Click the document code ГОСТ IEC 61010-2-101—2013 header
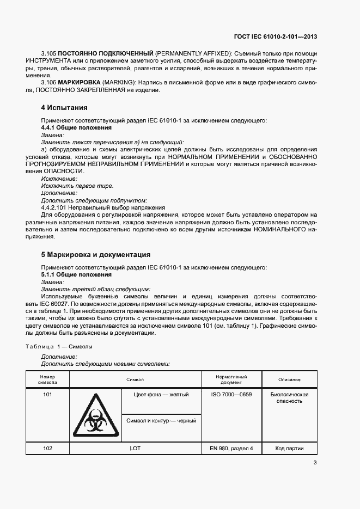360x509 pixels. click(275, 37)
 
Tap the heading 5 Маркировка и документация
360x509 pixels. click(96, 255)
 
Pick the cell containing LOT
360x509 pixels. click(135, 449)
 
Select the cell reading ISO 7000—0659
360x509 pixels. click(231, 395)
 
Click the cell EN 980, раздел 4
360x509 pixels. click(231, 449)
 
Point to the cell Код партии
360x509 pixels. click(289, 449)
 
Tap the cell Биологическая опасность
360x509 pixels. click(289, 398)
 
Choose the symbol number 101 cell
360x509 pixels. click(47, 395)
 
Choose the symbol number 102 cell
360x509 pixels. click(47, 449)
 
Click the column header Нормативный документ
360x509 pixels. click(231, 379)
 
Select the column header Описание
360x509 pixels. click(289, 379)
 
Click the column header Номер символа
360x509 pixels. click(47, 379)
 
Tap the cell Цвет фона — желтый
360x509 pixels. click(161, 395)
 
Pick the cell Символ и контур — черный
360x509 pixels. click(161, 421)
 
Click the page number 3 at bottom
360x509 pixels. click(315, 463)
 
